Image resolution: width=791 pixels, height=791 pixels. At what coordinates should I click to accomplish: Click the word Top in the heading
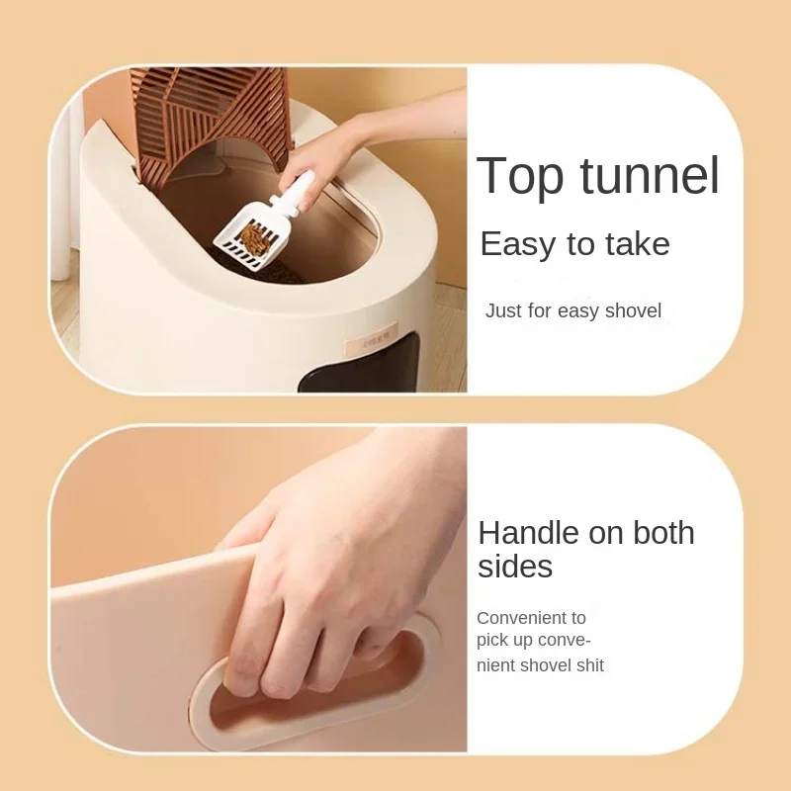click(520, 176)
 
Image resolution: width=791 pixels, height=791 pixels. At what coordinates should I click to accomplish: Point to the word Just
click(502, 311)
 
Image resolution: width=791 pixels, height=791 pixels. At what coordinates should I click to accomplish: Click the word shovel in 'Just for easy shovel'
click(634, 311)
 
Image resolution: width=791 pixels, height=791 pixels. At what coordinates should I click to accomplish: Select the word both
click(658, 533)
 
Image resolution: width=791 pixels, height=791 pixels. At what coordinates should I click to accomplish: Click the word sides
click(515, 567)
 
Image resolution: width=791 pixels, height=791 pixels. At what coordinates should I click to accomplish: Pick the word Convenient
click(531, 618)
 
